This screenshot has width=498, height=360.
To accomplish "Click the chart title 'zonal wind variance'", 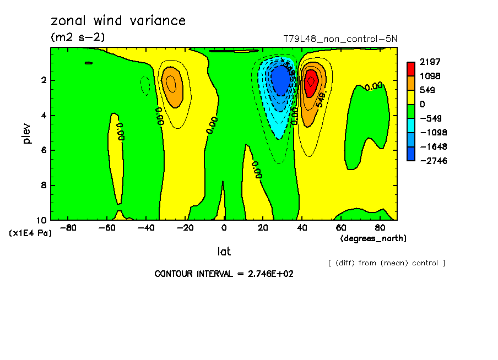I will [118, 21].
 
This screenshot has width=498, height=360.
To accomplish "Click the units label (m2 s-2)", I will [78, 37].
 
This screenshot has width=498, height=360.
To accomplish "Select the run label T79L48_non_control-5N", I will [340, 39].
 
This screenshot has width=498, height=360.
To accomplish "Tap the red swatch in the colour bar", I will [411, 68].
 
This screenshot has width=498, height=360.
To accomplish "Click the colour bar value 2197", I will [430, 62].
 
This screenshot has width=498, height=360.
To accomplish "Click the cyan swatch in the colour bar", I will [411, 126].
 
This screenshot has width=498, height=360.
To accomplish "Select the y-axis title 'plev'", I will [27, 133].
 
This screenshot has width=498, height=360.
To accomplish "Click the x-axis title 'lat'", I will [224, 252].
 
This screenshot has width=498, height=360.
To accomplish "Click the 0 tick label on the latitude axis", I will [224, 227].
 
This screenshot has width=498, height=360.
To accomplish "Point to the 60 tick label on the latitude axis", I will [340, 227].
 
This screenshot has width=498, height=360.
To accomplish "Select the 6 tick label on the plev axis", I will [44, 150].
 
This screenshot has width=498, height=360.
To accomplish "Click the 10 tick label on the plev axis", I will [42, 220].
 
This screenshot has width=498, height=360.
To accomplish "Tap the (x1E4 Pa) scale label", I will [31, 233].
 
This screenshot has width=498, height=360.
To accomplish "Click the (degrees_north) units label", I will [373, 238].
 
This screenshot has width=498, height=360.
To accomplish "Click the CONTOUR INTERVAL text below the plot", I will [224, 274].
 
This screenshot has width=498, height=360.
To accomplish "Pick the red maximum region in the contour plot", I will [311, 81].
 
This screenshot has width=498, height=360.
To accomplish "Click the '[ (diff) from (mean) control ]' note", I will [386, 263].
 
